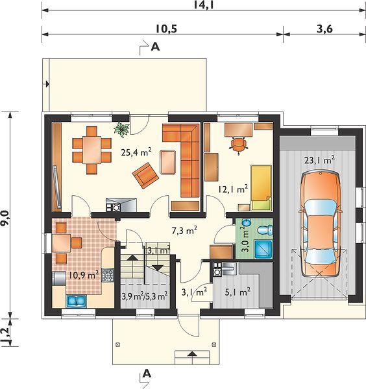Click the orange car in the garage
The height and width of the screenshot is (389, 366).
pos(321,224)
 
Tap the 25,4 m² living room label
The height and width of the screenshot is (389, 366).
pos(136,152)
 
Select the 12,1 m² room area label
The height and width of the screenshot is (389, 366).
pos(233,189)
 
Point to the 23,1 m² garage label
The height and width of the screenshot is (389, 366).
pos(319,160)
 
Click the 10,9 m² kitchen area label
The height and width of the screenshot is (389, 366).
pos(84,274)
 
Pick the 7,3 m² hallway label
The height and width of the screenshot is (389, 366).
pos(184,230)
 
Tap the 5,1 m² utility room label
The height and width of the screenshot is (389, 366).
pos(238,292)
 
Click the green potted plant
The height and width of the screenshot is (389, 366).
pos(121,130)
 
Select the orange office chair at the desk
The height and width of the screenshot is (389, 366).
pos(238,145)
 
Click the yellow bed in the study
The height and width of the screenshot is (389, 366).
pos(261,188)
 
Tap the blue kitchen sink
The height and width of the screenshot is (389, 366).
pos(76,301)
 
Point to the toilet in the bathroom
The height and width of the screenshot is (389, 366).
pos(265,230)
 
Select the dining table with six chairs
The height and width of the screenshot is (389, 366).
pos(92,150)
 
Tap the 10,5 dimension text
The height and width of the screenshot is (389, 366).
pos(166,29)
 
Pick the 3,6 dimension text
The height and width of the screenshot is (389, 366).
pos(324,29)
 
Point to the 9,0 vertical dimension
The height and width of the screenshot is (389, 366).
pos(5,218)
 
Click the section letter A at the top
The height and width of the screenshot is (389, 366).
pos(155,47)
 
